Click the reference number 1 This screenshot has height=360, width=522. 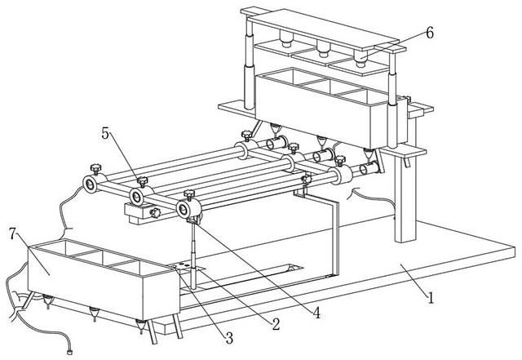pos(431,298)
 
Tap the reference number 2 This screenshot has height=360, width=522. pos(276,324)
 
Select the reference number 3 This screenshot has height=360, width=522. pos(229,338)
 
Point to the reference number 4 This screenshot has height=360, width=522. pos(316,313)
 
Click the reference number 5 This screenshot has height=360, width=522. pos(105,134)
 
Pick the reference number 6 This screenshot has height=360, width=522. pos(430,33)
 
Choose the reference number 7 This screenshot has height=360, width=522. pos(13,233)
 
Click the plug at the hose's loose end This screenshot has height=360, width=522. pos(69,352)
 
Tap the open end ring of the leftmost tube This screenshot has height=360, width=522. pos(90,184)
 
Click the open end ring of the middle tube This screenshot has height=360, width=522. pos(136,197)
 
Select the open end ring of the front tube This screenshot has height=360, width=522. pos(183,210)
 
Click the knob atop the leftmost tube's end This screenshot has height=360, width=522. pos(95,169)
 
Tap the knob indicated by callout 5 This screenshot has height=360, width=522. pos(143,181)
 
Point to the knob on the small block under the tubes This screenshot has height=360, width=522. pos(155,213)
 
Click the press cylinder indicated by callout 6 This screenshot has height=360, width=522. pos(360,57)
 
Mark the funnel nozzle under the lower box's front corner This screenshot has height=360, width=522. pos(141,326)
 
